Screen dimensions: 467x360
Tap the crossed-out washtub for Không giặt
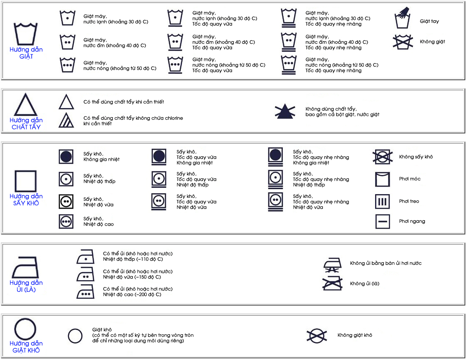(403, 42)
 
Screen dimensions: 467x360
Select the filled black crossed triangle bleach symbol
(285, 111)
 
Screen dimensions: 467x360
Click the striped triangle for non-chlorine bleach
(66, 120)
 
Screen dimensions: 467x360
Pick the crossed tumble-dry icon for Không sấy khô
(383, 157)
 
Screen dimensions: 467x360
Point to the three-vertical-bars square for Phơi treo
(383, 202)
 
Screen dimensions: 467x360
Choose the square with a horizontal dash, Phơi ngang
(383, 222)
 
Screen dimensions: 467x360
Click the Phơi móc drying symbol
(383, 179)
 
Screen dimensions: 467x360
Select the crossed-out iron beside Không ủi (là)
(332, 283)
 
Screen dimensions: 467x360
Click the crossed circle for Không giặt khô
(317, 335)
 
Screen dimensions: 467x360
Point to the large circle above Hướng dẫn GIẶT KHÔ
(25, 329)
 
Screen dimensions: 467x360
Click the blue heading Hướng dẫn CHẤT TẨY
(26, 123)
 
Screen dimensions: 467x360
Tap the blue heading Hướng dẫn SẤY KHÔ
(26, 200)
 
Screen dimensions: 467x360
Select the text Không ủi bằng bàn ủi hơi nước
(385, 263)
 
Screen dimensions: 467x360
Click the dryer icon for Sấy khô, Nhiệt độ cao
(66, 222)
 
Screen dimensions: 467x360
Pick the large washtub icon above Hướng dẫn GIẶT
(26, 34)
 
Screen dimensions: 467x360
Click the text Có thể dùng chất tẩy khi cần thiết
(124, 102)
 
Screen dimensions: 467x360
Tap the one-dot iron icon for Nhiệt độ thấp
(86, 256)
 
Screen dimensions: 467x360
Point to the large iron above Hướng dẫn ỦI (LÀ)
(26, 267)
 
